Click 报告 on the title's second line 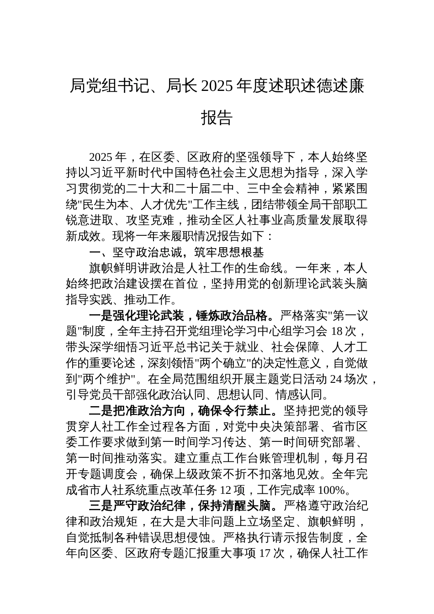click(217, 117)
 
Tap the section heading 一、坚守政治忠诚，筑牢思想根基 click(176, 252)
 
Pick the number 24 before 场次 click(335, 379)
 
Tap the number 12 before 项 click(227, 490)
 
